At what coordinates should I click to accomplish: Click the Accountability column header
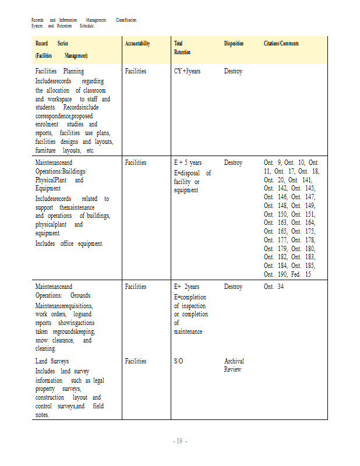[137, 44]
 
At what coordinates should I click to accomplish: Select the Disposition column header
[234, 44]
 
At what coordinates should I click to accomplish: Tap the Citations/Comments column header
[281, 44]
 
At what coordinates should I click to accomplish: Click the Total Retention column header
[182, 48]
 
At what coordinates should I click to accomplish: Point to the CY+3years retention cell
[188, 71]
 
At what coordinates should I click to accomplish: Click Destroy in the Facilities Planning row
[233, 71]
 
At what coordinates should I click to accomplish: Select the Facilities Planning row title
[59, 71]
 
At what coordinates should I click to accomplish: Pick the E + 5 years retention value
[188, 163]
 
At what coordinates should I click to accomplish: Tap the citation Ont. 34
[274, 287]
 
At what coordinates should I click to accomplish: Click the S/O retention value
[179, 361]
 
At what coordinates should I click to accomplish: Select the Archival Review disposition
[234, 365]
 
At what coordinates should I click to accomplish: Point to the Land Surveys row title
[52, 361]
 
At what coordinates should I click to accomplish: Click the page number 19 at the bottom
[180, 441]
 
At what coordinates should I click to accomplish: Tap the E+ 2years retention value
[187, 287]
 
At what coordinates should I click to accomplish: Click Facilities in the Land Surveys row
[136, 361]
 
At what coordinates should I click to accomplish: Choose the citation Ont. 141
[309, 180]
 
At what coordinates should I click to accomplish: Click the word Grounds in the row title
[80, 295]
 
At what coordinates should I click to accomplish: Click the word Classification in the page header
[126, 20]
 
